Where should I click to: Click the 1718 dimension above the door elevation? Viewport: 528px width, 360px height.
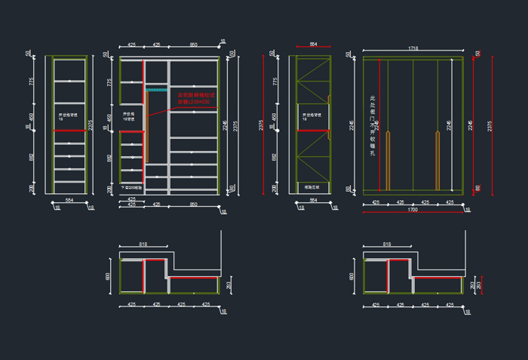[413, 49]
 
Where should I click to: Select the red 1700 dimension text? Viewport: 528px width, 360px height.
[412, 209]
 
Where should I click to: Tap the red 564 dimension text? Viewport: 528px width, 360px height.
[313, 45]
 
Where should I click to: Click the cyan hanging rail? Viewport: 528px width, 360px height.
[155, 89]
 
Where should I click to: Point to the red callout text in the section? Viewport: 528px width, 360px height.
[197, 98]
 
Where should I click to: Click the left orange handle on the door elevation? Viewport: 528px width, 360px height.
[388, 159]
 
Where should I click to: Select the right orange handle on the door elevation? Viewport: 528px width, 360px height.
[437, 159]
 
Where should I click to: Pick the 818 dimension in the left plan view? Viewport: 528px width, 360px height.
[143, 245]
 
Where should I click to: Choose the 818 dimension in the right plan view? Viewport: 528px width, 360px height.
[387, 245]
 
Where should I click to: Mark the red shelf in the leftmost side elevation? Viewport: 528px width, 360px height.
[69, 131]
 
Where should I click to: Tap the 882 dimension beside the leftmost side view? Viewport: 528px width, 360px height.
[32, 158]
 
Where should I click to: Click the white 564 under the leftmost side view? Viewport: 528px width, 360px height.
[69, 200]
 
